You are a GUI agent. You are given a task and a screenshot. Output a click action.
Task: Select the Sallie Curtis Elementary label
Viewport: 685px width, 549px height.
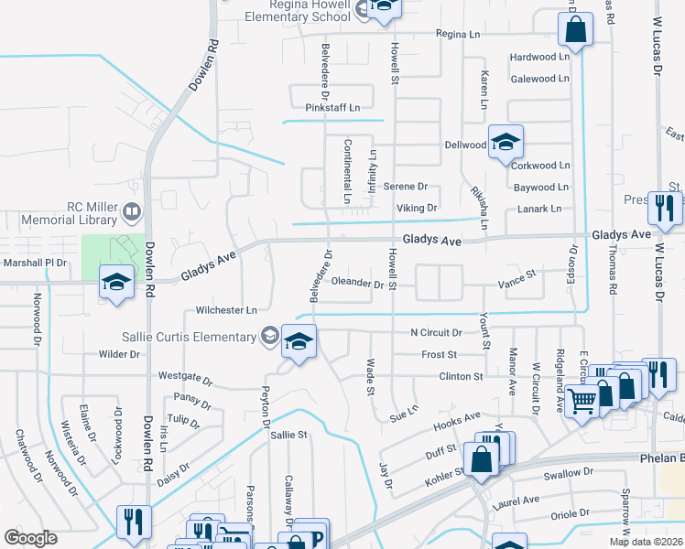(x=203, y=337)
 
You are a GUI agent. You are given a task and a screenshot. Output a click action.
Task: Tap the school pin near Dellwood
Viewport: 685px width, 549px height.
(x=505, y=142)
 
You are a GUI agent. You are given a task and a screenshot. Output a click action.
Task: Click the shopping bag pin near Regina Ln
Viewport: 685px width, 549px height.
(x=574, y=31)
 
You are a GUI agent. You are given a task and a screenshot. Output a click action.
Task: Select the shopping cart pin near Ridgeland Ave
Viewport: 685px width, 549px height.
(x=582, y=399)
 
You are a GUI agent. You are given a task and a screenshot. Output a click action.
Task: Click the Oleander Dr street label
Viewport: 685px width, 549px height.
(x=357, y=283)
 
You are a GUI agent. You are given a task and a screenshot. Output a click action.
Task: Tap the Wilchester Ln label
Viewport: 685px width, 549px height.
(x=227, y=311)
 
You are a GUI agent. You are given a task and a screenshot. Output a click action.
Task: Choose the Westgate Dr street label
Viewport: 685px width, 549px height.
(x=185, y=377)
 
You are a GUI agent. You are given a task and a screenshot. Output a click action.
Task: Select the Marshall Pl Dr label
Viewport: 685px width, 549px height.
(x=36, y=263)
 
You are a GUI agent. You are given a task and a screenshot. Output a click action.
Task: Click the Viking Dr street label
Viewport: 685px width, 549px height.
(x=417, y=208)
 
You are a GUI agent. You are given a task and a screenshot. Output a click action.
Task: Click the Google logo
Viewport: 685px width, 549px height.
(x=30, y=538)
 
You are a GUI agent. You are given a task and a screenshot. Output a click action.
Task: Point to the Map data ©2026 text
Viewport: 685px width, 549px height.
(x=646, y=542)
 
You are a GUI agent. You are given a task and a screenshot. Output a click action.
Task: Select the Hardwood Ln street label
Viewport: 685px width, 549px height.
(x=539, y=57)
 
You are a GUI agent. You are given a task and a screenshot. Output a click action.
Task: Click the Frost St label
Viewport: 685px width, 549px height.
(x=439, y=354)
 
